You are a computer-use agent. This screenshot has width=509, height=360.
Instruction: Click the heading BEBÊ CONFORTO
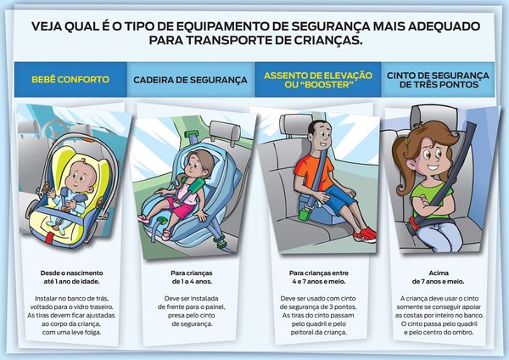click(70, 80)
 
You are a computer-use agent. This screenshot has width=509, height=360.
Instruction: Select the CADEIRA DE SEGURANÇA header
click(190, 80)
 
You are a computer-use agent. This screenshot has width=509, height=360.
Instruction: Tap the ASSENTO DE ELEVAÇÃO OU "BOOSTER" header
click(318, 80)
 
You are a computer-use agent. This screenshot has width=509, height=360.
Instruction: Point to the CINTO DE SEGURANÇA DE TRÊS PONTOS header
click(438, 80)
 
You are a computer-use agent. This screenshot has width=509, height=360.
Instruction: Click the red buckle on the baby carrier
click(49, 238)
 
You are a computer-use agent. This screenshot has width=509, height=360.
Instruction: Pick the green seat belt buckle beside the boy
click(305, 214)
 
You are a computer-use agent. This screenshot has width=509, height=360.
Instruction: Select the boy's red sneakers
click(366, 234)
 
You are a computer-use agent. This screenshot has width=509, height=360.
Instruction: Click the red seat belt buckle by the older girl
click(412, 223)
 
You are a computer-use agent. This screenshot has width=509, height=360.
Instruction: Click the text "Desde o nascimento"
click(72, 273)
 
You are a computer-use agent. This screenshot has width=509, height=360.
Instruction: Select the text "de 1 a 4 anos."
click(192, 281)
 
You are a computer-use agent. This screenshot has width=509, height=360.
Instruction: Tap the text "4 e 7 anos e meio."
click(319, 281)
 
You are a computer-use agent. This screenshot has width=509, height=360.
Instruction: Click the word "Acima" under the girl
click(439, 273)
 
